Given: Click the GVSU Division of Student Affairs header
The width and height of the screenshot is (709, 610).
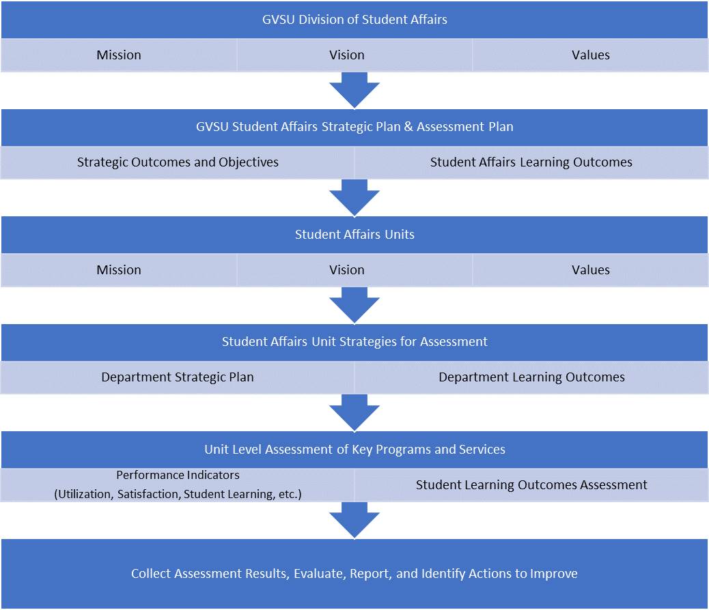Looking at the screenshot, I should point(354,20).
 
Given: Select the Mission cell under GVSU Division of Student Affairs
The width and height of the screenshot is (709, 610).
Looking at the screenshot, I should point(119,55).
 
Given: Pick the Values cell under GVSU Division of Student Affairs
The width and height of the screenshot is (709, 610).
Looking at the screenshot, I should point(590,55).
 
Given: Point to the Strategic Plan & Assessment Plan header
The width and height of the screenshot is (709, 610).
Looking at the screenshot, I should point(354,127).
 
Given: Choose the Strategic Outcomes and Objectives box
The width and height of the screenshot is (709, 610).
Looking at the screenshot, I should point(178,162).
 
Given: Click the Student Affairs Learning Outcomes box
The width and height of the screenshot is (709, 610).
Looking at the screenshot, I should point(531,162).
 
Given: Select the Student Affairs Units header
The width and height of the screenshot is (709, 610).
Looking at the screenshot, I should point(354,235).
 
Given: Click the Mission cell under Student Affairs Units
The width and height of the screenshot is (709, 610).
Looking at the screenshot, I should point(119,270).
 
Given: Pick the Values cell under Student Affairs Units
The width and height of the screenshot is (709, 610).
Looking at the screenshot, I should point(590,270).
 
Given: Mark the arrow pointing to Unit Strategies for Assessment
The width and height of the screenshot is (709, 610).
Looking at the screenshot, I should point(354,305).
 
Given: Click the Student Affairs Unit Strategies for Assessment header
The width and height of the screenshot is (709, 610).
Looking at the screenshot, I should point(354,342).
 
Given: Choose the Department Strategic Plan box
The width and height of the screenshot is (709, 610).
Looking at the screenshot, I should point(178,377).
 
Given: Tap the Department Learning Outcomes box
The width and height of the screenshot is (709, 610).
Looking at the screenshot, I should point(531,377).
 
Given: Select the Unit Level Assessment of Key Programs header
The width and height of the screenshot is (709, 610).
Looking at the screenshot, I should point(354,450).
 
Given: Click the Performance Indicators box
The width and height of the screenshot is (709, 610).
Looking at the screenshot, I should point(178,485).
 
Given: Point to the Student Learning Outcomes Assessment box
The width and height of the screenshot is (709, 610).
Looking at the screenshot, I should point(531,485).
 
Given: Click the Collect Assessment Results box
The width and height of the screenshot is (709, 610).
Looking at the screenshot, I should point(354,574).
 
